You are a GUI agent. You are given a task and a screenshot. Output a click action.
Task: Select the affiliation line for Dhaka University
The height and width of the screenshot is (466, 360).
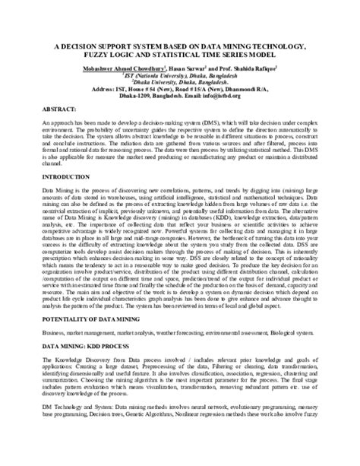click(178, 82)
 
